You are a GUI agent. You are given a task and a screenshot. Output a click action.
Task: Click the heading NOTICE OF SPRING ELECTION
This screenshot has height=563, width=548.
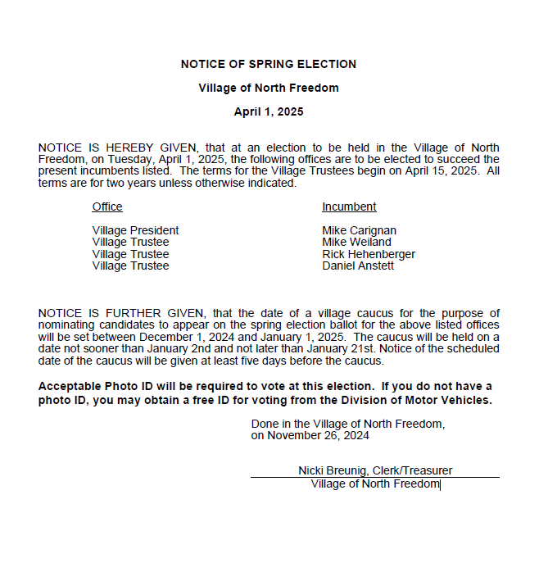269,64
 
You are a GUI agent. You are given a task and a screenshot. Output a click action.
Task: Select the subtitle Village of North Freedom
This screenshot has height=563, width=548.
269,88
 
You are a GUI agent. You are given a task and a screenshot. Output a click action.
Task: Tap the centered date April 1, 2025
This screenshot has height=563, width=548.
269,111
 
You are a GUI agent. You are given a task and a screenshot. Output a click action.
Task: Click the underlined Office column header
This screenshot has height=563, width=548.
107,207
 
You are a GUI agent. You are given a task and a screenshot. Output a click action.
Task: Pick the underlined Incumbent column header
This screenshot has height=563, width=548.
349,207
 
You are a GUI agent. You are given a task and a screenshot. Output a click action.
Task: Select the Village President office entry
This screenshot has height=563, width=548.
135,230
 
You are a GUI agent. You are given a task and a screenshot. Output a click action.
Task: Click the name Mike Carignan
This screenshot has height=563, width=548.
359,230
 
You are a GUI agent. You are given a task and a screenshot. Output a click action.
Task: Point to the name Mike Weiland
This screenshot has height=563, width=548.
356,242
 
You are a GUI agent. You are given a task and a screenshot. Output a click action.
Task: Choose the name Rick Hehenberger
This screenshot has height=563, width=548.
369,254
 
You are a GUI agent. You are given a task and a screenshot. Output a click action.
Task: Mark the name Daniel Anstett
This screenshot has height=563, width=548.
358,266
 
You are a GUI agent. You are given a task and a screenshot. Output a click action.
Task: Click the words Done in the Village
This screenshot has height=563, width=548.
298,424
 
